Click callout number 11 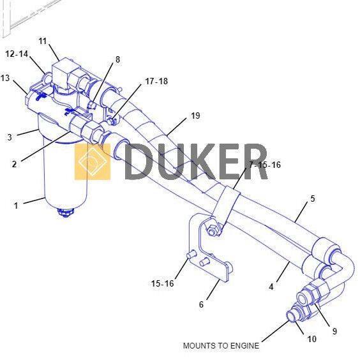tap(43, 41)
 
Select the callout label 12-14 tap(17, 54)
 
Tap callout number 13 tap(5, 78)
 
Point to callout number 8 tap(117, 59)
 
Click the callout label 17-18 tap(156, 81)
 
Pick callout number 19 tap(195, 116)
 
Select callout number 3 tap(10, 137)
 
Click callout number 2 tap(14, 164)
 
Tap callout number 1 tap(16, 206)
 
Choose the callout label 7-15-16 tap(265, 165)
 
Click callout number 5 tap(313, 199)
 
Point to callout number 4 tap(271, 287)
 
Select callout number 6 tap(201, 304)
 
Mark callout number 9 tap(334, 331)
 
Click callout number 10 tap(311, 339)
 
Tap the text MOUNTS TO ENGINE tap(221, 346)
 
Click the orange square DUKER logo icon tap(93, 161)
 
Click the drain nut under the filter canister tap(66, 213)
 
